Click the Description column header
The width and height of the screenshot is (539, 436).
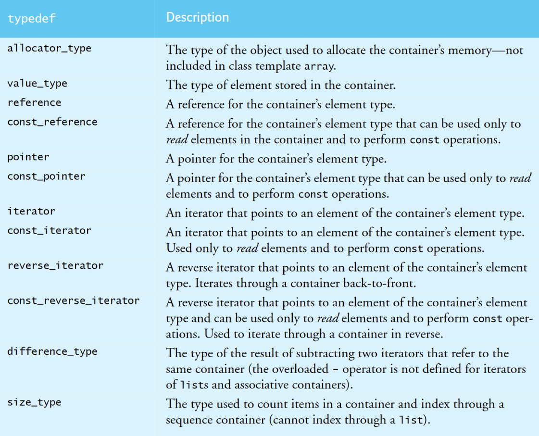coord(197,18)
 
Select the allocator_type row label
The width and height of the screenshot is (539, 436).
coord(49,48)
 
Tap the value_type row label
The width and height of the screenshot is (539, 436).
coord(37,83)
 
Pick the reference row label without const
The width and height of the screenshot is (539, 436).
coord(34,102)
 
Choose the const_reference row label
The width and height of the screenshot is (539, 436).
coord(52,122)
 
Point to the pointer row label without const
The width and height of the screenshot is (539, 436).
coord(28,157)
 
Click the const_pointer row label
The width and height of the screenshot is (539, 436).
coord(46,176)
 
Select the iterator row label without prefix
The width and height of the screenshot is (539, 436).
coord(31,211)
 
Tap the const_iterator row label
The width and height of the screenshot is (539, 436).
coord(49,230)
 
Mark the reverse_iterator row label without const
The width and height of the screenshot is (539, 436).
coord(55,265)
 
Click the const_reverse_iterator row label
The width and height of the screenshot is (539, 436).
coord(73,300)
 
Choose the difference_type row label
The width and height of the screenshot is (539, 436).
coord(52,351)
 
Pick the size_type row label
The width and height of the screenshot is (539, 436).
coord(34,402)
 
